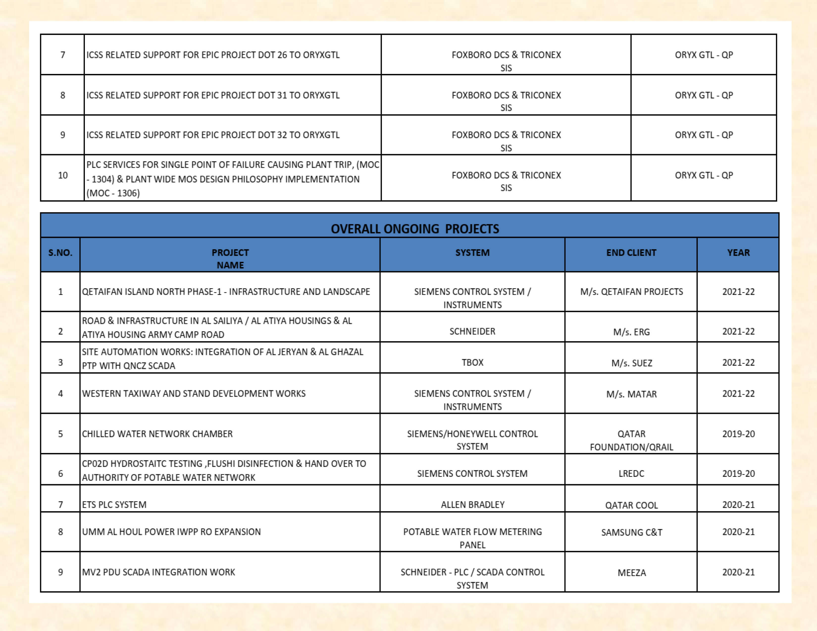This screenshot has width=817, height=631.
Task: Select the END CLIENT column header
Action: point(631,253)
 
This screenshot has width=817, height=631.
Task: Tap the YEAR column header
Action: point(738,253)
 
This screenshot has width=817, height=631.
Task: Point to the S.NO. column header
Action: point(60,253)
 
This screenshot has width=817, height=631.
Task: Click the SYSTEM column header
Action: point(472,253)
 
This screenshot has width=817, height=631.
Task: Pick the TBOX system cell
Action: point(472,362)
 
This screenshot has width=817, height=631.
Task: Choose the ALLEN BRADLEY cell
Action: point(472,505)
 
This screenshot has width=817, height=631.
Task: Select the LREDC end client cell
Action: point(631,474)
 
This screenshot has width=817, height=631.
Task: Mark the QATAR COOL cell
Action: point(631,505)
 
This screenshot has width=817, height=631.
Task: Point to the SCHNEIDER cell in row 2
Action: point(472,331)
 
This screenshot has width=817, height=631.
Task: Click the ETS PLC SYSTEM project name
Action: point(114,505)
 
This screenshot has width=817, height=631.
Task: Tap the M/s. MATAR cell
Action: point(631,394)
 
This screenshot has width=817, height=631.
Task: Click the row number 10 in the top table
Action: point(62,175)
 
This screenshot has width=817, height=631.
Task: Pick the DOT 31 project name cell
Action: point(213,95)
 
